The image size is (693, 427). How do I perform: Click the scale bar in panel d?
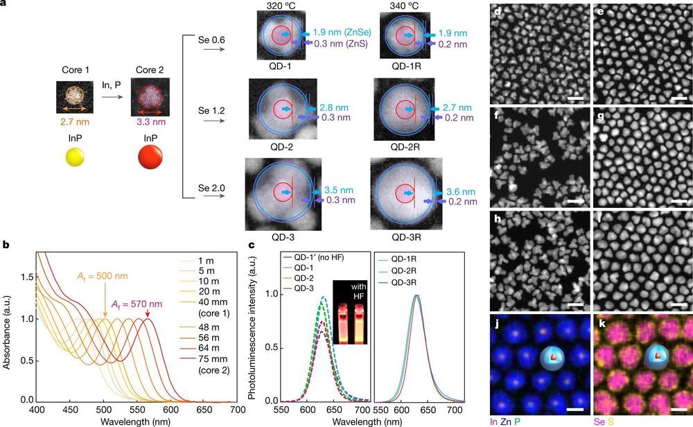(575, 98)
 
